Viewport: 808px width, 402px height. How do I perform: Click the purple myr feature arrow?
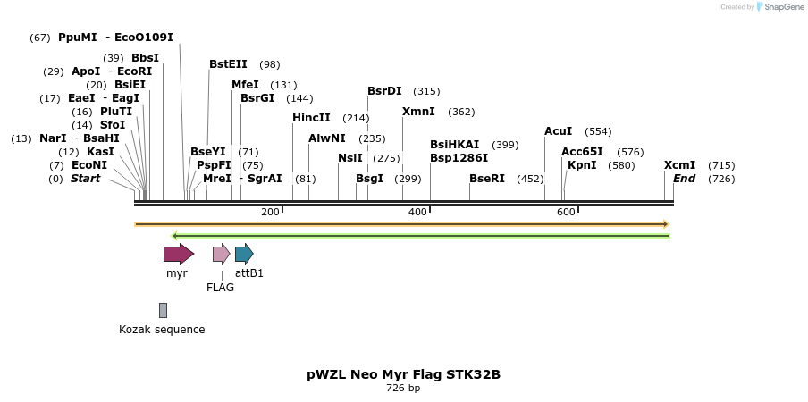(x=178, y=254)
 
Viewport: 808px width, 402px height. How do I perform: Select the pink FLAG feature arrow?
(x=221, y=254)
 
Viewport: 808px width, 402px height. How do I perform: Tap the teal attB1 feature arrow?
(x=244, y=254)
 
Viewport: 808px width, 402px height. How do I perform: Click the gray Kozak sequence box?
(x=163, y=310)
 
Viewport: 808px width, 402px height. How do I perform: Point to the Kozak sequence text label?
(x=162, y=330)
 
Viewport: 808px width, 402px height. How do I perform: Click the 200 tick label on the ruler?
(x=270, y=212)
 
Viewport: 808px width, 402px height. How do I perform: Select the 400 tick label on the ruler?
(x=417, y=212)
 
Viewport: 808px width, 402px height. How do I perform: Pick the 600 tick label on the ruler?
(x=566, y=212)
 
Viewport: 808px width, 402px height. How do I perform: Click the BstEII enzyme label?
(x=228, y=64)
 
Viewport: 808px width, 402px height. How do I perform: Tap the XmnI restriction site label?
(x=418, y=112)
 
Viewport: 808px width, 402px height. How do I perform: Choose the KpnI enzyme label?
(x=582, y=165)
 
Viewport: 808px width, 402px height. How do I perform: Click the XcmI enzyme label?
(x=679, y=165)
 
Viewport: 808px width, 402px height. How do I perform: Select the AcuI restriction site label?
(x=558, y=131)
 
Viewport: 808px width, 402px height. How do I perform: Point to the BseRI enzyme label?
(x=487, y=179)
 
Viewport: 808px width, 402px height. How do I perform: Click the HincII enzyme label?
(x=311, y=118)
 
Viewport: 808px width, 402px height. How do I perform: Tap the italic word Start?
(x=85, y=179)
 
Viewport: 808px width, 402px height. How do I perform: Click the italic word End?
(x=684, y=179)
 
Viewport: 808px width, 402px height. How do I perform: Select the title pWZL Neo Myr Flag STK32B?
(x=403, y=374)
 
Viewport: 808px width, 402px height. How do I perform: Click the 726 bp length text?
(x=403, y=389)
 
